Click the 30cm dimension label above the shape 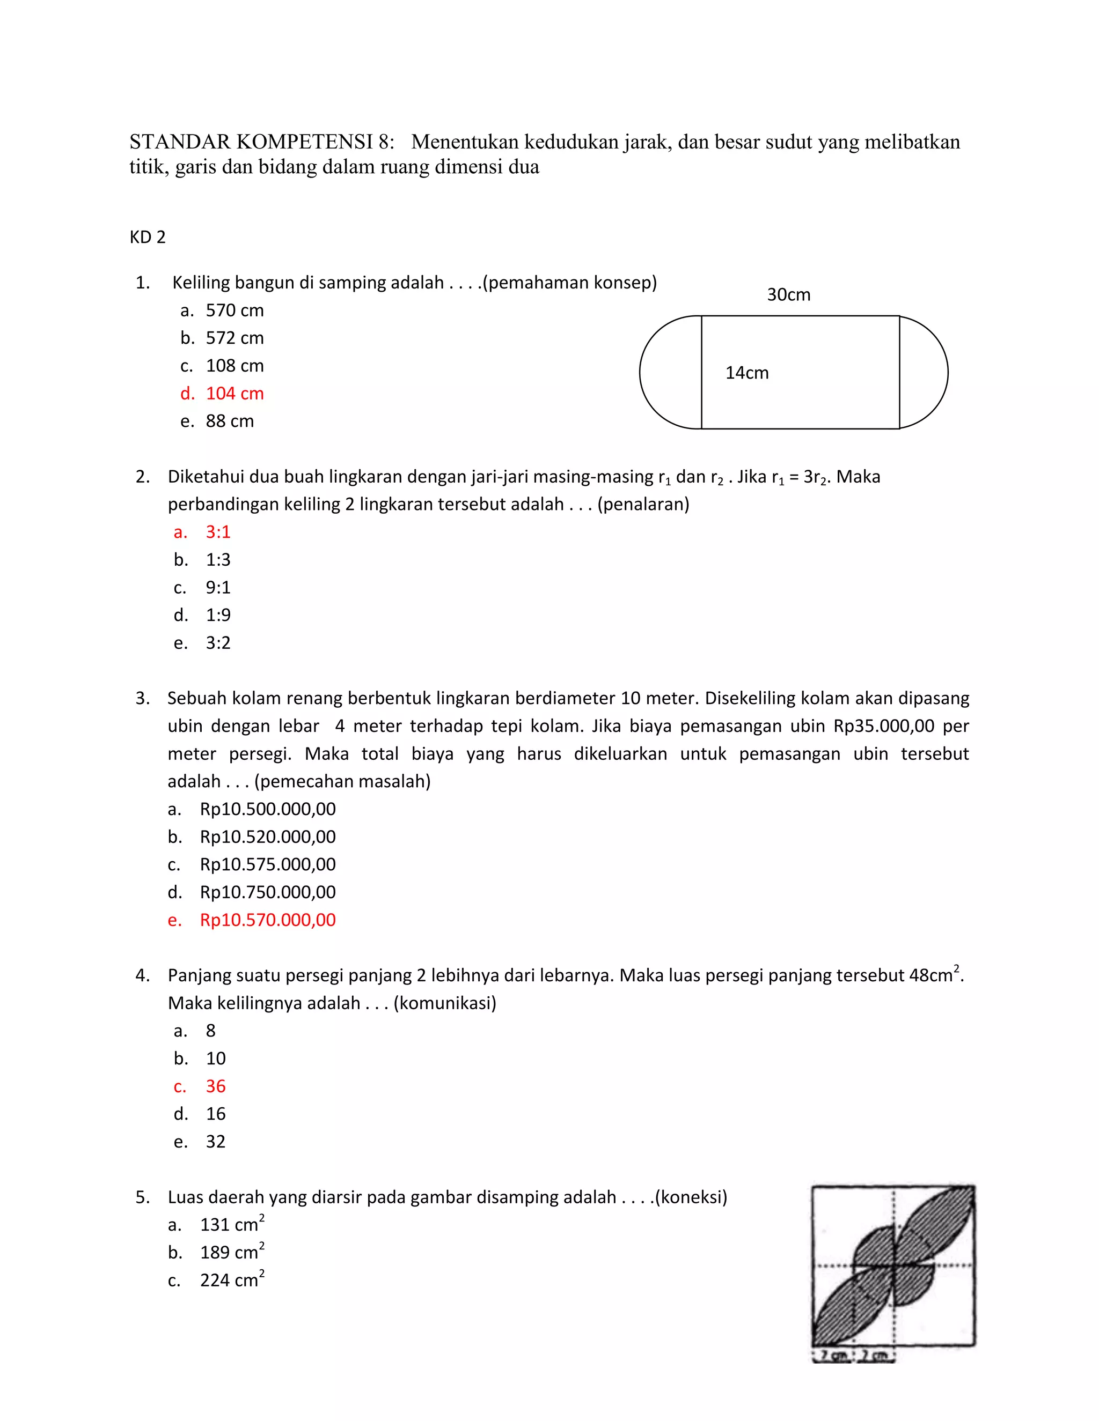coord(788,295)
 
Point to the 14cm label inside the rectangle coord(747,373)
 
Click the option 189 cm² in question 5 coord(232,1253)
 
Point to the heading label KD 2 coord(148,237)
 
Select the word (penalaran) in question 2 coord(642,504)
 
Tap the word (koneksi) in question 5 coord(691,1197)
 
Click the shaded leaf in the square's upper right coord(937,1223)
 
